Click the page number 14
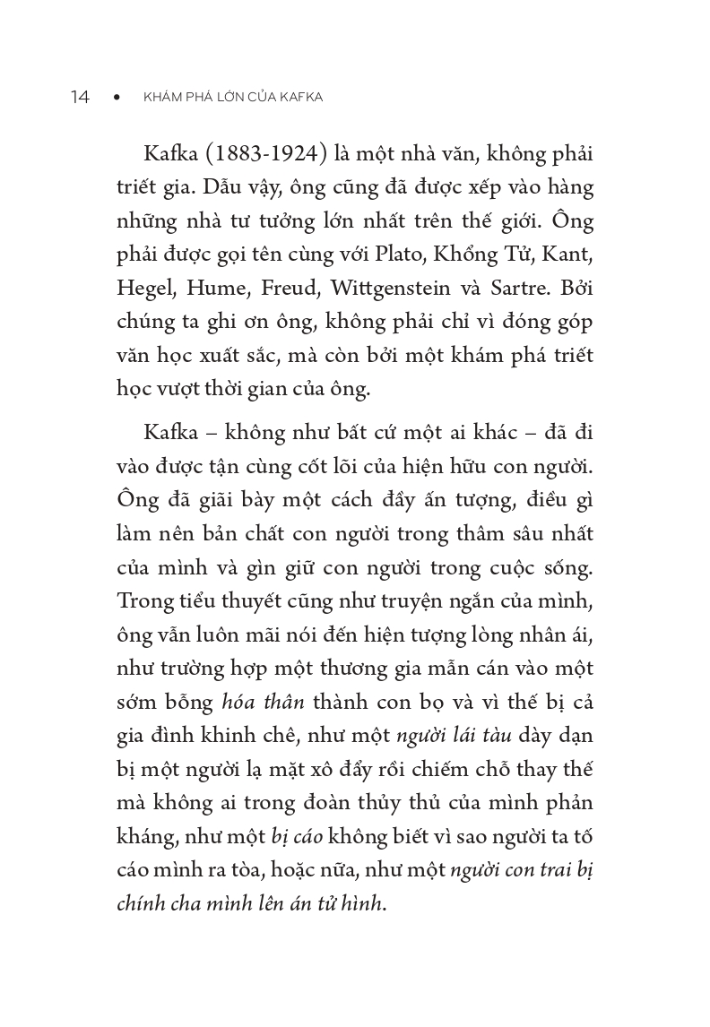(80, 98)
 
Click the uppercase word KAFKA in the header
(301, 98)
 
